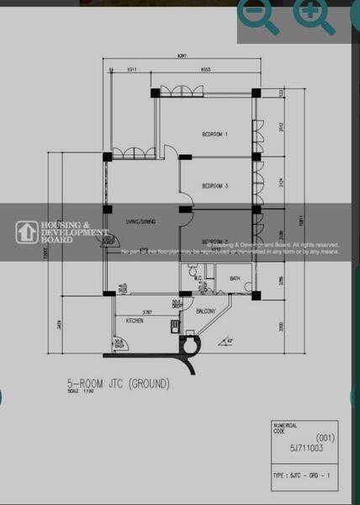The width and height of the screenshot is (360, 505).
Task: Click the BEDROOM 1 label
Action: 215,134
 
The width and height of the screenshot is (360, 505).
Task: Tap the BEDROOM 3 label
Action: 215,186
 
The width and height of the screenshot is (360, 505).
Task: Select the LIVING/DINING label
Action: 140,221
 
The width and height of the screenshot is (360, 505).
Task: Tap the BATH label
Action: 235,278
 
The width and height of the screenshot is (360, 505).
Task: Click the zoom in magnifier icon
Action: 313,16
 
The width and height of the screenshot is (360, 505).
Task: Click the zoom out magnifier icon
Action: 257,16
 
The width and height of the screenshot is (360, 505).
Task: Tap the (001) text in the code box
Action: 324,439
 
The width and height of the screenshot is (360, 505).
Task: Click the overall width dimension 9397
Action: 182,56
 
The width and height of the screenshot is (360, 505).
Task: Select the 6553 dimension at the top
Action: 204,70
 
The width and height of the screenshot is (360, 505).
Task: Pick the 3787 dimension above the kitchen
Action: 146,311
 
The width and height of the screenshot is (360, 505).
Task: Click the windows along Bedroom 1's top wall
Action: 178,92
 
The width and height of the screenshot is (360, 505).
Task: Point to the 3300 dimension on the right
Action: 282,325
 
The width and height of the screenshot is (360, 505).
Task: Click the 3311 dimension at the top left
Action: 132,70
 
